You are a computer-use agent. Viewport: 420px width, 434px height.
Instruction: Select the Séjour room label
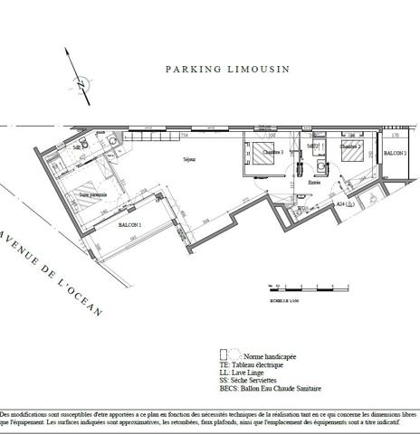click(188, 160)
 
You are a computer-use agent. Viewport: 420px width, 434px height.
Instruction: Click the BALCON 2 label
click(395, 155)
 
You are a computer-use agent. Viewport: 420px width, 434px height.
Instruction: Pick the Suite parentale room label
click(93, 193)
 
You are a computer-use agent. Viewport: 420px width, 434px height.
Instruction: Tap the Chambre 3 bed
click(266, 156)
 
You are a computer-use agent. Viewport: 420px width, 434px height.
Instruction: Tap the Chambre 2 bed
click(353, 157)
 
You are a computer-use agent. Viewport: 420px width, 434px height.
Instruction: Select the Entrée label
click(314, 182)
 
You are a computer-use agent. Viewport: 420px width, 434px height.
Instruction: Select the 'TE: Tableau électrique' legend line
click(256, 365)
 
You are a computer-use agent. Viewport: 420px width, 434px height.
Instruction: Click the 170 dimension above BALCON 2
click(396, 136)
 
